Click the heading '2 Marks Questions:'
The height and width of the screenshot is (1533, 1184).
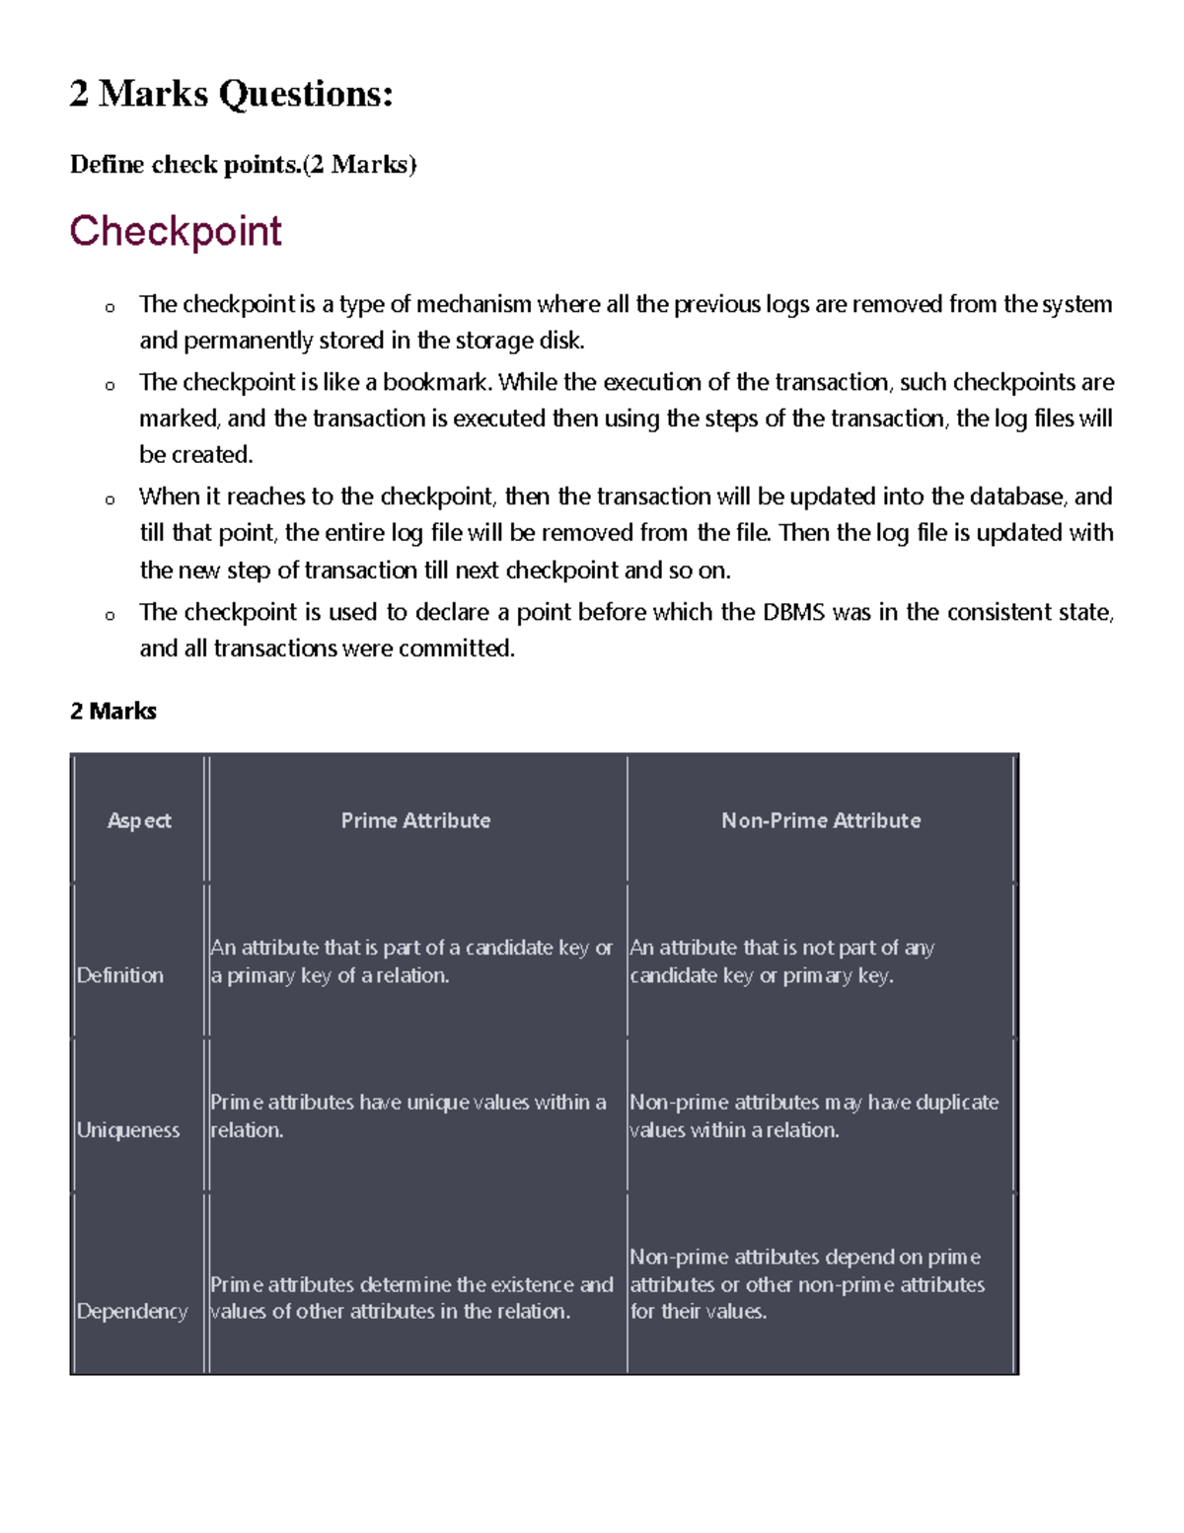232,94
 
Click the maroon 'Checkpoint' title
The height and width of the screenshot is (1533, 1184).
176,231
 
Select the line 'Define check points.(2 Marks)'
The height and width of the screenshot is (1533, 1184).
243,164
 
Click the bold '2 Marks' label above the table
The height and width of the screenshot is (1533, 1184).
113,711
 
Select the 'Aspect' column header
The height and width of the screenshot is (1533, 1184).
139,820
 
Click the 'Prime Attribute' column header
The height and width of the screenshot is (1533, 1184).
415,820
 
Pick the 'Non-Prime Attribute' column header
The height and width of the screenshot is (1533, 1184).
821,820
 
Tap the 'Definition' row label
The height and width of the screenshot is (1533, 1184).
120,975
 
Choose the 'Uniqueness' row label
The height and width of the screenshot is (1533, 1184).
128,1130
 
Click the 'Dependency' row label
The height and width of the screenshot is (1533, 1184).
132,1312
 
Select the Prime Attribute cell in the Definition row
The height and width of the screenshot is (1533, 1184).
411,961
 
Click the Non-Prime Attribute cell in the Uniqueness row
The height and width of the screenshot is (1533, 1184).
814,1115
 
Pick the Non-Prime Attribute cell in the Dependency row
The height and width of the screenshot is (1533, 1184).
806,1284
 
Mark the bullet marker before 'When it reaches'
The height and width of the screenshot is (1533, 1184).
110,499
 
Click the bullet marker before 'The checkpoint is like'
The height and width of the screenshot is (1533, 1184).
110,385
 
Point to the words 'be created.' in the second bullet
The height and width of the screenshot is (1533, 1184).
196,455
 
